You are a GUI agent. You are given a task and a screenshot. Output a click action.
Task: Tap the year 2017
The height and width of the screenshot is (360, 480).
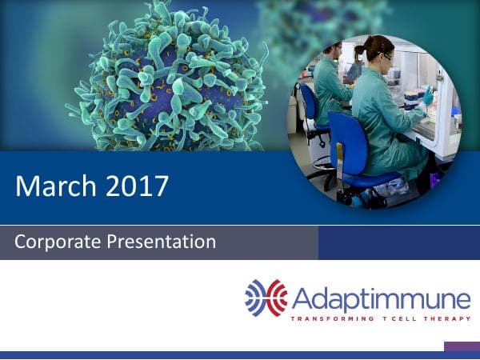(135, 186)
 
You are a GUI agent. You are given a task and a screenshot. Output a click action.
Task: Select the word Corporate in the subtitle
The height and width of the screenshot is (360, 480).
(54, 242)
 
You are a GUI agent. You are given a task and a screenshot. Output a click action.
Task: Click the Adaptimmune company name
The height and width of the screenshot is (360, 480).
(381, 300)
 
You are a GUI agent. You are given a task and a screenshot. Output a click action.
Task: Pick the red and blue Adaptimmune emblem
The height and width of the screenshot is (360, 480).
(266, 298)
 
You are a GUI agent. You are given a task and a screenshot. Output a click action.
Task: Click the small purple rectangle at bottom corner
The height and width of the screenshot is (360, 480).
(462, 346)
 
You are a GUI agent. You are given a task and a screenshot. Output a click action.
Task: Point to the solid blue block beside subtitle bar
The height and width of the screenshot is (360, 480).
(398, 242)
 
